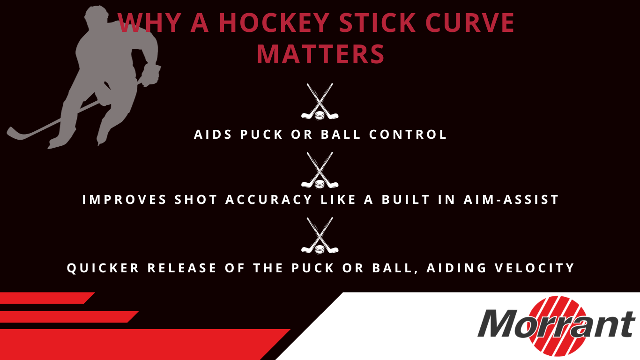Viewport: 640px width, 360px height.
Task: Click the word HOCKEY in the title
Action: click(x=274, y=22)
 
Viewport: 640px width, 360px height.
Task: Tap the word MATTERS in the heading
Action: click(x=320, y=54)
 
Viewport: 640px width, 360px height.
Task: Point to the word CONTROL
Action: click(x=408, y=135)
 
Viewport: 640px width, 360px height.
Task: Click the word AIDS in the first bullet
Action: click(x=213, y=135)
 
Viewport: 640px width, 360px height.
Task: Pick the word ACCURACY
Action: click(x=268, y=200)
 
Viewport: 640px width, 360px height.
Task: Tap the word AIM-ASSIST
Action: click(x=511, y=200)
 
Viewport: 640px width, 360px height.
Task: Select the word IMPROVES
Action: click(x=124, y=200)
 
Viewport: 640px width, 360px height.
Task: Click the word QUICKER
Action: click(x=103, y=268)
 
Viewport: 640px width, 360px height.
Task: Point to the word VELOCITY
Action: click(x=534, y=268)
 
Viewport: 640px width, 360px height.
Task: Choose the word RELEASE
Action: click(x=182, y=268)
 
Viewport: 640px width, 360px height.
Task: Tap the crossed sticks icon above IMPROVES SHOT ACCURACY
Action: click(x=320, y=171)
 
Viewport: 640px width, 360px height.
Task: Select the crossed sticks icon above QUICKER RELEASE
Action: click(x=320, y=236)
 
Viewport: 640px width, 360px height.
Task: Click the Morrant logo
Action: click(x=556, y=326)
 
